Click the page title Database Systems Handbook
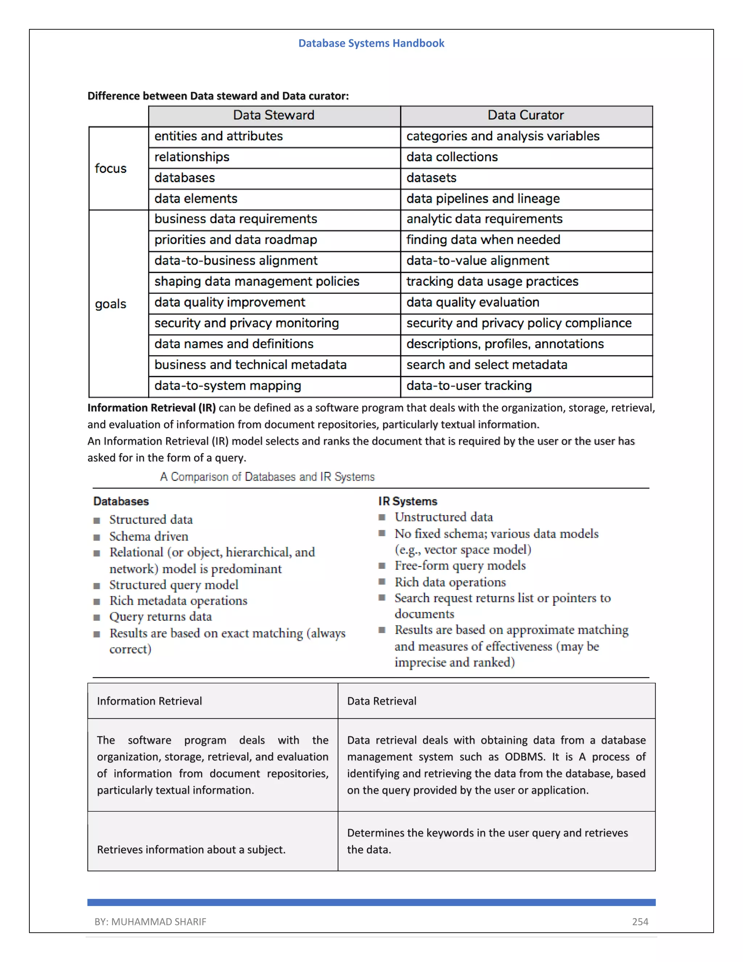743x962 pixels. (x=371, y=43)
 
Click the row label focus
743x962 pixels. (x=111, y=169)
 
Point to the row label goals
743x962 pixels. (x=111, y=304)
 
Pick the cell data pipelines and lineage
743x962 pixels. (x=483, y=199)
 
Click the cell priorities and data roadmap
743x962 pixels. (x=235, y=240)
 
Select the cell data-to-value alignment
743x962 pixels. (x=477, y=261)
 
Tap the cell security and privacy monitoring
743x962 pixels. (x=246, y=323)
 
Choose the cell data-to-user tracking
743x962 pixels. (x=469, y=386)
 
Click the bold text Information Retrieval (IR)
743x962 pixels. (x=151, y=408)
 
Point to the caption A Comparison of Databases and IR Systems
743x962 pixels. (x=267, y=477)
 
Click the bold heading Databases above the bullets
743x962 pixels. (x=121, y=501)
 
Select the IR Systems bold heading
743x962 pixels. (x=407, y=501)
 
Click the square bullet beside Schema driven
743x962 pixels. (x=97, y=537)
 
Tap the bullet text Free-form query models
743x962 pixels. (x=460, y=566)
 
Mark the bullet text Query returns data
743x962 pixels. (x=161, y=617)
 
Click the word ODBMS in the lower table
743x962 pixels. (x=524, y=757)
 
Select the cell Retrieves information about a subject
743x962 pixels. (x=191, y=850)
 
